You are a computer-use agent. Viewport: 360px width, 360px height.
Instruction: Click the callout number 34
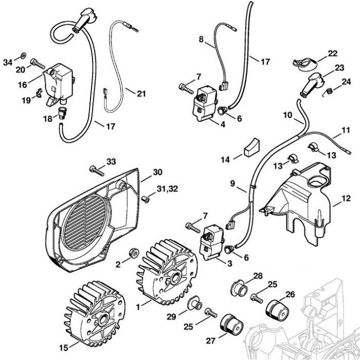pyautogui.click(x=7, y=62)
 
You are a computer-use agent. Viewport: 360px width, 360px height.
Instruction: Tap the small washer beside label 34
pyautogui.click(x=24, y=55)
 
